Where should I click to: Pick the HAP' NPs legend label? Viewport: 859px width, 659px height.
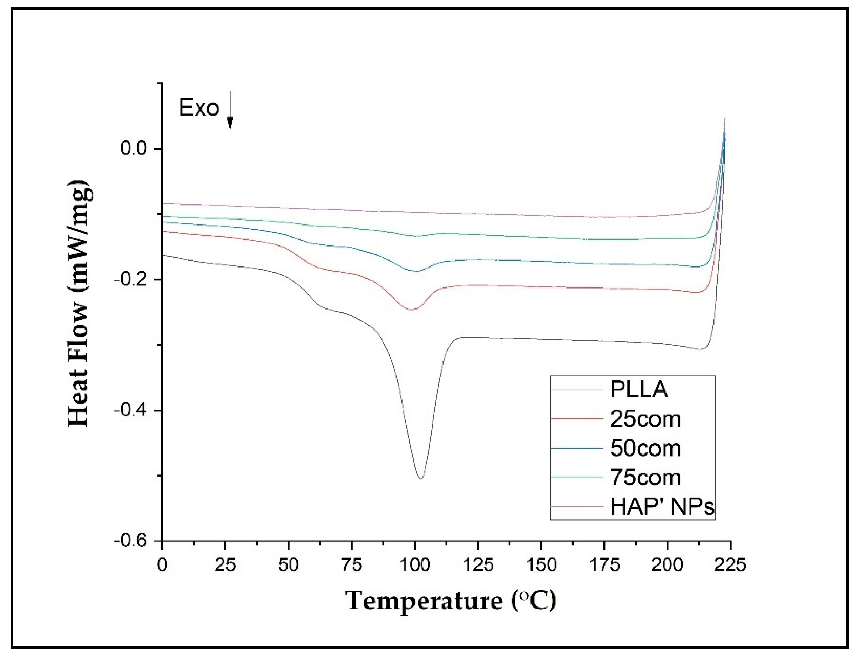pyautogui.click(x=662, y=506)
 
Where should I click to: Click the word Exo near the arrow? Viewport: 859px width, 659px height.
pyautogui.click(x=199, y=108)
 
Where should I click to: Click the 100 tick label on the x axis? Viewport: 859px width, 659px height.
pyautogui.click(x=415, y=565)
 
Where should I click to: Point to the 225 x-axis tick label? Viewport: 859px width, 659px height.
pyautogui.click(x=730, y=565)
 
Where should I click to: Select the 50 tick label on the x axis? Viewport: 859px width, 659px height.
pyautogui.click(x=289, y=565)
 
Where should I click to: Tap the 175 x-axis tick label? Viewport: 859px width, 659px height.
pyautogui.click(x=604, y=565)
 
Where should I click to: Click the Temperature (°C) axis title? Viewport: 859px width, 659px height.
pyautogui.click(x=451, y=601)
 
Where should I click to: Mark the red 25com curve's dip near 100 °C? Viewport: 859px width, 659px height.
pyautogui.click(x=411, y=310)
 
